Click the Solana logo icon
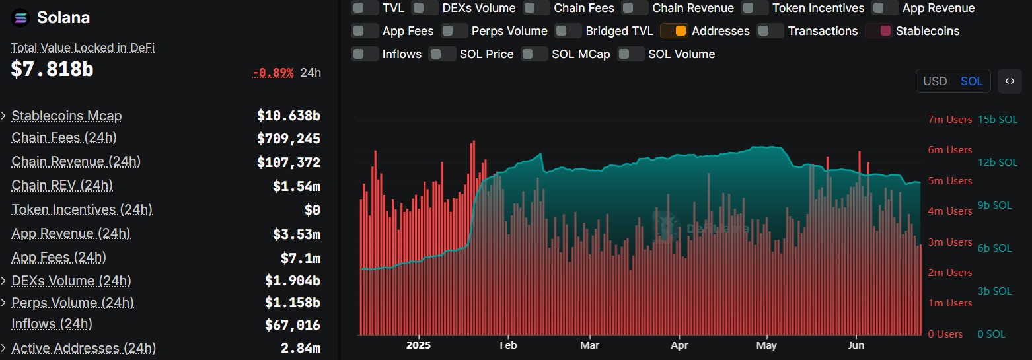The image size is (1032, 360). coord(21,18)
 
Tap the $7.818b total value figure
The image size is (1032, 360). coord(52,69)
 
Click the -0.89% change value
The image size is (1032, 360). coord(273,73)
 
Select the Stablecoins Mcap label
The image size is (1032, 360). coord(67,116)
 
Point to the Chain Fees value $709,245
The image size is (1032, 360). coord(288,139)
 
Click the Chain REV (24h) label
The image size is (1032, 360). coord(62,186)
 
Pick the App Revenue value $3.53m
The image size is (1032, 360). coord(296,234)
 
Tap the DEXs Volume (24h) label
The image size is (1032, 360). coord(71,281)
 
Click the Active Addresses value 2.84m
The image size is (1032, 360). coord(300,347)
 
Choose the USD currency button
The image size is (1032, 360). coord(935,81)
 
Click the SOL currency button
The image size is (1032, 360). coord(971,81)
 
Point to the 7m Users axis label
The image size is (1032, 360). coord(949,120)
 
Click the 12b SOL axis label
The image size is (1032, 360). coord(998,162)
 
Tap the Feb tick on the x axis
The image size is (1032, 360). coord(508,345)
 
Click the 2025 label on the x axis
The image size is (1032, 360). coord(418,345)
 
